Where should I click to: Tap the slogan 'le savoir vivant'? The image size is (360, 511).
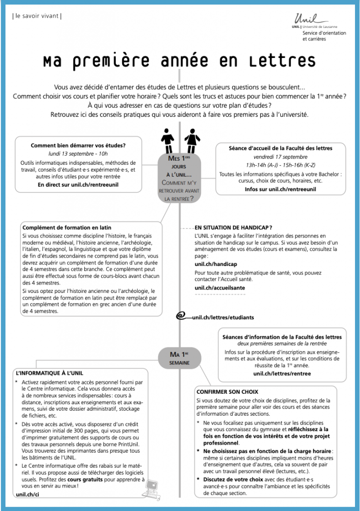36,15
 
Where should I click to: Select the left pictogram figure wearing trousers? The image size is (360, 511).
168,141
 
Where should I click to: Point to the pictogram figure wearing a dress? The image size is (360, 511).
191,141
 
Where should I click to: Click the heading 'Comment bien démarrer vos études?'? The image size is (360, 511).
78,145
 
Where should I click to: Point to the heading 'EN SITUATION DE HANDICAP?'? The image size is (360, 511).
233,228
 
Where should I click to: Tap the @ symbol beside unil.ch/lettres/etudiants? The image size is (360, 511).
182,316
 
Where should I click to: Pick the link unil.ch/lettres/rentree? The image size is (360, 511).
282,373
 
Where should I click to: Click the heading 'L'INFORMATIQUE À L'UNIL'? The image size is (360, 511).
49,373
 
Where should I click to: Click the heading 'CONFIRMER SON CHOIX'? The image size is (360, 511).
227,392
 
